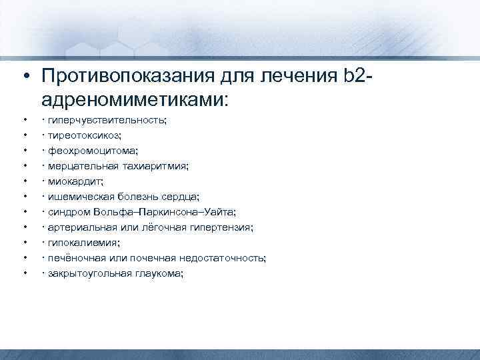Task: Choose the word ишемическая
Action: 77,197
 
